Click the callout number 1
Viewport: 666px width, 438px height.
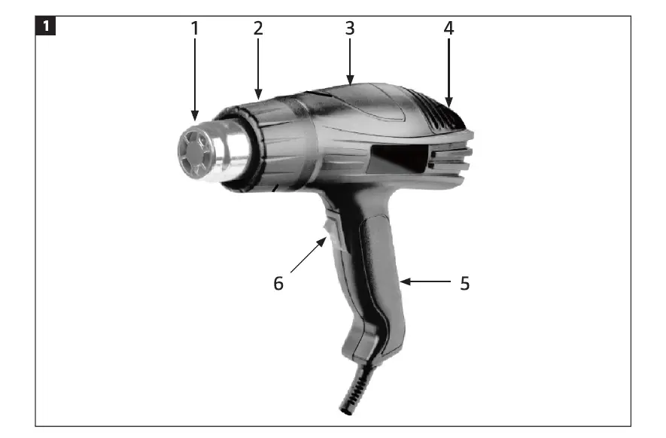pyautogui.click(x=195, y=29)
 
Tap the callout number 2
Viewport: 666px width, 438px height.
pyautogui.click(x=258, y=29)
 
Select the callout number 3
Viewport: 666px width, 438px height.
pyautogui.click(x=350, y=29)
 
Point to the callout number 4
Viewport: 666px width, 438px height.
pyautogui.click(x=449, y=29)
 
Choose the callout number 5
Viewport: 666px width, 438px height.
pyautogui.click(x=464, y=284)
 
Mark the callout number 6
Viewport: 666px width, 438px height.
pyautogui.click(x=278, y=284)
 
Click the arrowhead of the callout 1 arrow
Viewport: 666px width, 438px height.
pyautogui.click(x=195, y=118)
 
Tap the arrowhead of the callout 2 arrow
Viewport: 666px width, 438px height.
pyautogui.click(x=258, y=98)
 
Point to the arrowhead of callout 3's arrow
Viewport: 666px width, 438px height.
pyautogui.click(x=350, y=81)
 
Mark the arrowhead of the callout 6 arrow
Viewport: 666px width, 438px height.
pyautogui.click(x=325, y=239)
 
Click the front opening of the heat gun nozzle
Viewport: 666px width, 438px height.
pyautogui.click(x=193, y=154)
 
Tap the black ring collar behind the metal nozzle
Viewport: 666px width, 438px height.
pyautogui.click(x=256, y=147)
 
